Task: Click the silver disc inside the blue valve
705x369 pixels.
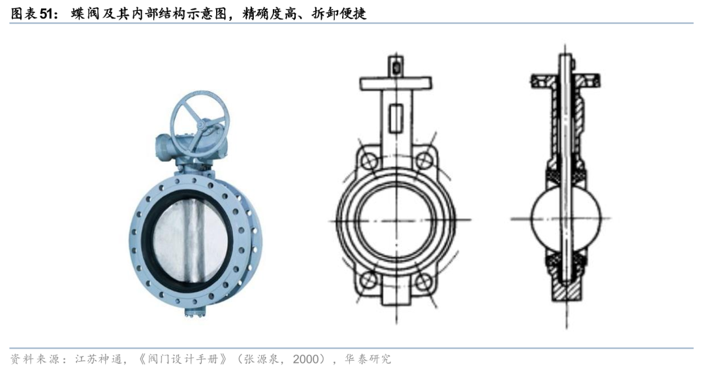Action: [189, 238]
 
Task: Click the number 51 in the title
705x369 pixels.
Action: [47, 14]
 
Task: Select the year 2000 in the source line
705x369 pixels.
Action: [307, 359]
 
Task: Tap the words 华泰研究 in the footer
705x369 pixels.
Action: [368, 359]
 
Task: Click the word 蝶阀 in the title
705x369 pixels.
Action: [82, 14]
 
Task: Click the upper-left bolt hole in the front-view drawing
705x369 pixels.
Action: [370, 160]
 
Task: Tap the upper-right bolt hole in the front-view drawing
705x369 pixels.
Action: [424, 160]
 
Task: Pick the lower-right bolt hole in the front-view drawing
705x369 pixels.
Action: [424, 281]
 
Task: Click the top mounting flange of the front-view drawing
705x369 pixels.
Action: [396, 83]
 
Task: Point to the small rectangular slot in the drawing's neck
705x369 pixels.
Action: [395, 118]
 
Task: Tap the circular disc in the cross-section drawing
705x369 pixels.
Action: [565, 219]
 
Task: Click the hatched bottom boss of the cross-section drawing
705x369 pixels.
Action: [565, 288]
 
